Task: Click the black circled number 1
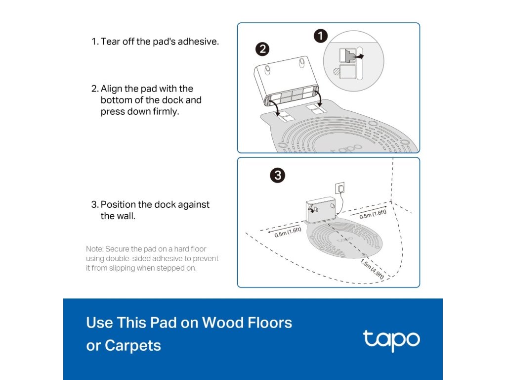[x=321, y=36]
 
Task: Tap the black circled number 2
[x=262, y=49]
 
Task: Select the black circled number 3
[x=278, y=176]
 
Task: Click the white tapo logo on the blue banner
[x=391, y=340]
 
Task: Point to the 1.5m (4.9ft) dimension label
[x=373, y=269]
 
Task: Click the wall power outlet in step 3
[x=340, y=188]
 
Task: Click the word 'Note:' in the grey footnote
[x=94, y=249]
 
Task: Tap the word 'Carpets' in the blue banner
[x=133, y=346]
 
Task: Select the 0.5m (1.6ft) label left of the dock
[x=288, y=232]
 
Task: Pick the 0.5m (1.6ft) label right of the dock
[x=373, y=214]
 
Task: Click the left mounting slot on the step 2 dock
[x=267, y=70]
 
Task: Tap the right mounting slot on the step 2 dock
[x=302, y=63]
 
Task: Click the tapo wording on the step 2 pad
[x=346, y=148]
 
